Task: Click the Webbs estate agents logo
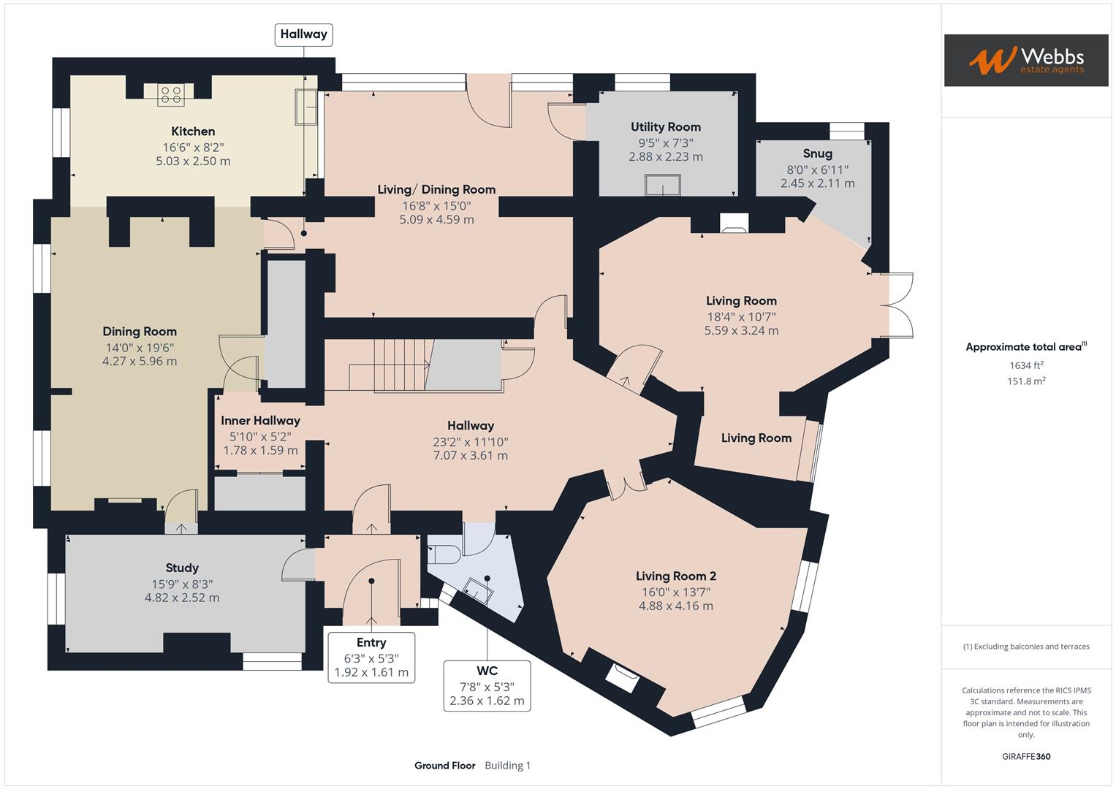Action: [x=1025, y=60]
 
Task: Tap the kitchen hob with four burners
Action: [x=170, y=94]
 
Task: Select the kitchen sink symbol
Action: [x=305, y=107]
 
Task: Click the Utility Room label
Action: [x=665, y=127]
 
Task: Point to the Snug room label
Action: [x=817, y=153]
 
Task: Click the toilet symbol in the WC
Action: [x=444, y=554]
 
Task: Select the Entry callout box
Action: [x=371, y=657]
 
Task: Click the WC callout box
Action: [x=487, y=685]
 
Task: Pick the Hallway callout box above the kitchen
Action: [x=303, y=34]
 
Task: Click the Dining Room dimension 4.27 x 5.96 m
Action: [x=140, y=361]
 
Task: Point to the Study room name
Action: [x=182, y=568]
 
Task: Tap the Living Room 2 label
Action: [x=675, y=576]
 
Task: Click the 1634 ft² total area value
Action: [x=1026, y=365]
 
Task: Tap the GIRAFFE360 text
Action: [x=1025, y=756]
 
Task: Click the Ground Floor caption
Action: [x=444, y=766]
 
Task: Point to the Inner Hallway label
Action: [x=260, y=420]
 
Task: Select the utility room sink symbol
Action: [x=662, y=185]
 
